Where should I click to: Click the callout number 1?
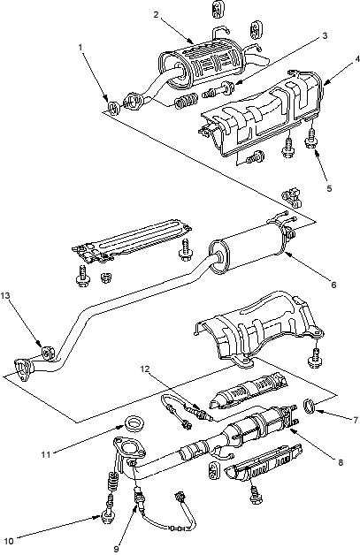pos(80,47)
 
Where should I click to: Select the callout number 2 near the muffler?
pos(157,14)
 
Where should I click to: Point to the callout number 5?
pos(329,188)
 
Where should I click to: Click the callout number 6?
pos(333,285)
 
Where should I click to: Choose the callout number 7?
pos(356,420)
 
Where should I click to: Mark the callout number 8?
pos(341,462)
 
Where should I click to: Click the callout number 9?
pos(116,549)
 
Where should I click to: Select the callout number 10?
pos(9,541)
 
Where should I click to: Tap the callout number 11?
pos(46,454)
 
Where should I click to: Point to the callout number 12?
pos(145,369)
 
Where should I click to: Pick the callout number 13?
pos(6,295)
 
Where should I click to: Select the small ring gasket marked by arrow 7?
pos(310,405)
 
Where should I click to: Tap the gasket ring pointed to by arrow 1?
pos(113,107)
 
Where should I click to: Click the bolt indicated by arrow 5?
pos(310,140)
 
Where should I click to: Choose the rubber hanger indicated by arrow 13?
pos(48,353)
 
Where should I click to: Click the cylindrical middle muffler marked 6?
pos(248,250)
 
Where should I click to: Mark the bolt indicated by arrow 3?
pos(218,90)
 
